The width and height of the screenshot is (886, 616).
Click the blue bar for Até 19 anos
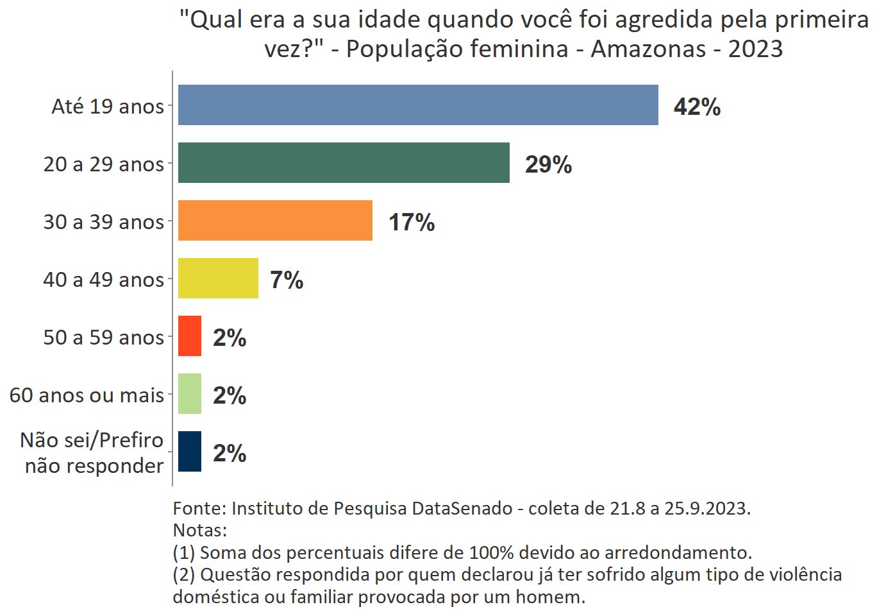[418, 105]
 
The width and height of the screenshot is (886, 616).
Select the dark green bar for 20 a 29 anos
[344, 163]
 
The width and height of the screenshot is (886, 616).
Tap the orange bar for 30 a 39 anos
[275, 221]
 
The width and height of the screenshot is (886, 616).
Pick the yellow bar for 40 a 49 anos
[218, 278]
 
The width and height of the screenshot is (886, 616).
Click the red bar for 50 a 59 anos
[190, 336]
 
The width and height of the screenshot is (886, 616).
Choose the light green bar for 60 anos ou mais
[190, 394]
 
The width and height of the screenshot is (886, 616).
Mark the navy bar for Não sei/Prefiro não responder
[190, 452]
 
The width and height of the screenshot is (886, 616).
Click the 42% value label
[697, 107]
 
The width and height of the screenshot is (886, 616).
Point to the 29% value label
[548, 164]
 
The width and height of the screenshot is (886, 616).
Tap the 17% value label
[412, 222]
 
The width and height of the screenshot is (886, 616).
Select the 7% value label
[287, 280]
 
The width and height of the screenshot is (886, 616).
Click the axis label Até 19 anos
[108, 107]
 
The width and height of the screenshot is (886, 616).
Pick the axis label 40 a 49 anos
[103, 280]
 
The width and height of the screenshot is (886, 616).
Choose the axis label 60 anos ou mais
[87, 395]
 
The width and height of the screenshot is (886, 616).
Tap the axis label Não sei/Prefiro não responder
[93, 453]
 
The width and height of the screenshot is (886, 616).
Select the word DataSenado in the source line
[462, 508]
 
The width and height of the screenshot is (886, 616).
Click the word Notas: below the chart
[200, 530]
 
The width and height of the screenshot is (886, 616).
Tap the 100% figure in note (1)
[490, 552]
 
